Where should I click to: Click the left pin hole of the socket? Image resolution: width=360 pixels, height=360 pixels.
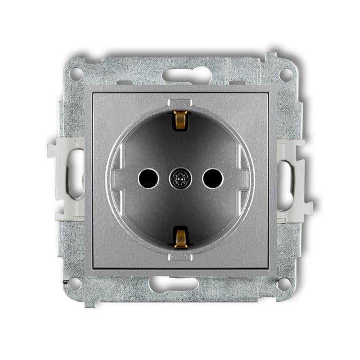[x=148, y=179]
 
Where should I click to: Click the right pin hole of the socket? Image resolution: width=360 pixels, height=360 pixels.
[x=212, y=179]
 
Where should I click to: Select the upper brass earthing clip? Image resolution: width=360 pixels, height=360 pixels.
[x=180, y=120]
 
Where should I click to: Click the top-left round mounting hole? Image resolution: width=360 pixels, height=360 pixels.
[x=76, y=74]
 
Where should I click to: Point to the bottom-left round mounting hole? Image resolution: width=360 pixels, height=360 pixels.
[x=75, y=284]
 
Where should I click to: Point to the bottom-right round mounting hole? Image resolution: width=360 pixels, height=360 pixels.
[x=284, y=284]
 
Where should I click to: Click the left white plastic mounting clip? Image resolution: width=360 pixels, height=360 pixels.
[x=66, y=179]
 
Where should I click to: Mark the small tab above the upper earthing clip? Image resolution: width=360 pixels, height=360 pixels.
[x=180, y=103]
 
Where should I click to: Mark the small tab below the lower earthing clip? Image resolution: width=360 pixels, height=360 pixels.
[x=180, y=256]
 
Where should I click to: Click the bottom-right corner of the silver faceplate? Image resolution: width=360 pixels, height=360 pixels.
[x=275, y=274]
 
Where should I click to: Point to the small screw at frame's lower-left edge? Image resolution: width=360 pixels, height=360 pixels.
[x=67, y=281]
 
